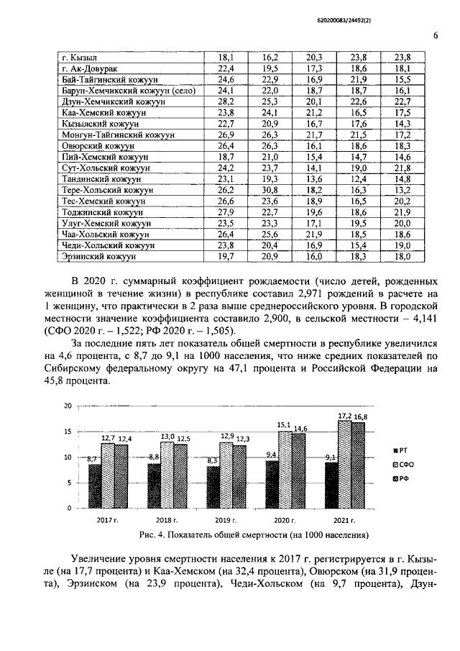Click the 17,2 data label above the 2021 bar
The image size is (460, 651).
(x=344, y=416)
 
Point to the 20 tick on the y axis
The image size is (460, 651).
(x=68, y=406)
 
